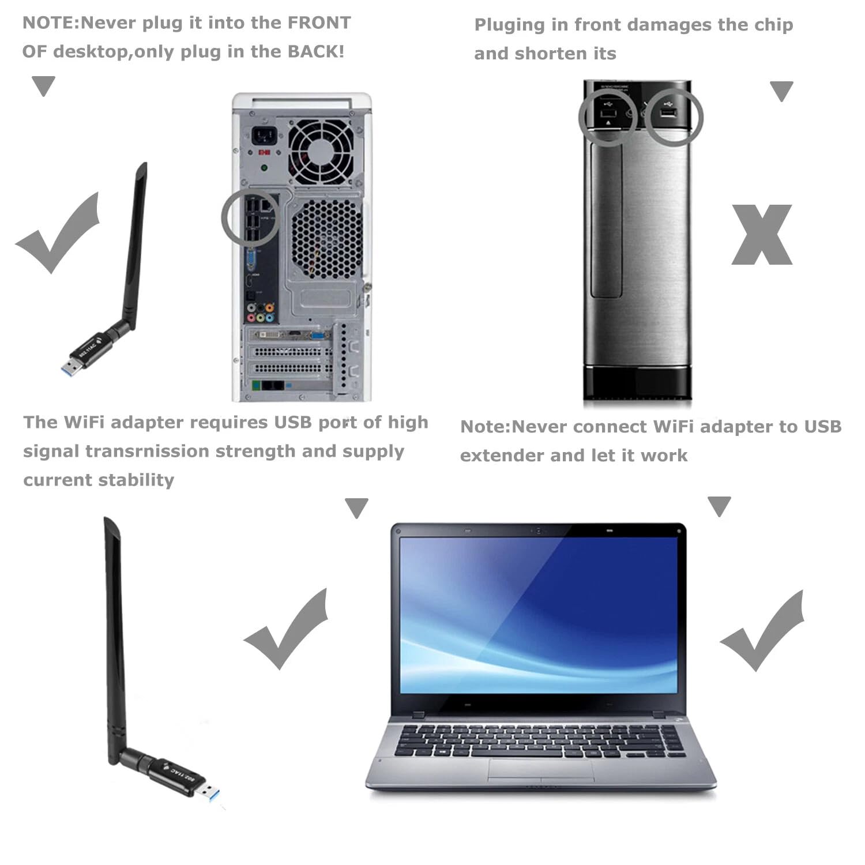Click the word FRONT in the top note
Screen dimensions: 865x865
pos(319,23)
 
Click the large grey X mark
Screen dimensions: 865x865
pos(762,235)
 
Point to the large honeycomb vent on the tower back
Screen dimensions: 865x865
pos(325,239)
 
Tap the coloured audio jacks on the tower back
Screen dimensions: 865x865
pos(260,312)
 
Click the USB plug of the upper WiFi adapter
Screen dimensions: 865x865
pos(72,367)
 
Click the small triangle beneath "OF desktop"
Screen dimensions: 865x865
pos(43,86)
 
